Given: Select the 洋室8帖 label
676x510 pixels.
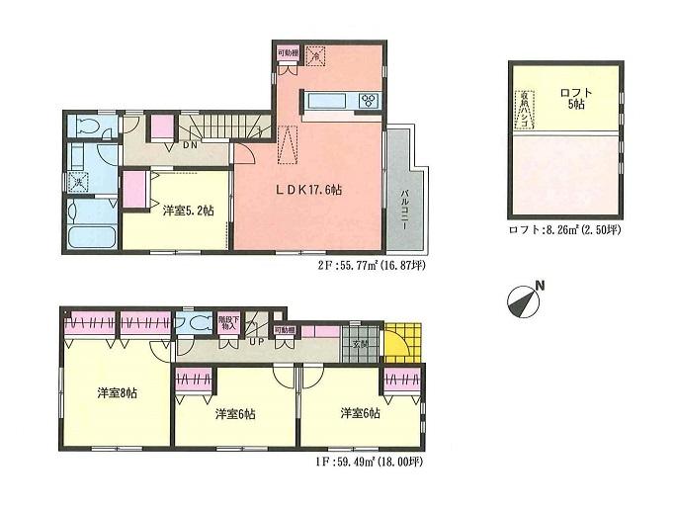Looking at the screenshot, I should (117, 393).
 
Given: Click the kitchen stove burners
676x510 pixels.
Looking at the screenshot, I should (369, 100).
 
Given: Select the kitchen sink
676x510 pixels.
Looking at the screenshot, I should (325, 100).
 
